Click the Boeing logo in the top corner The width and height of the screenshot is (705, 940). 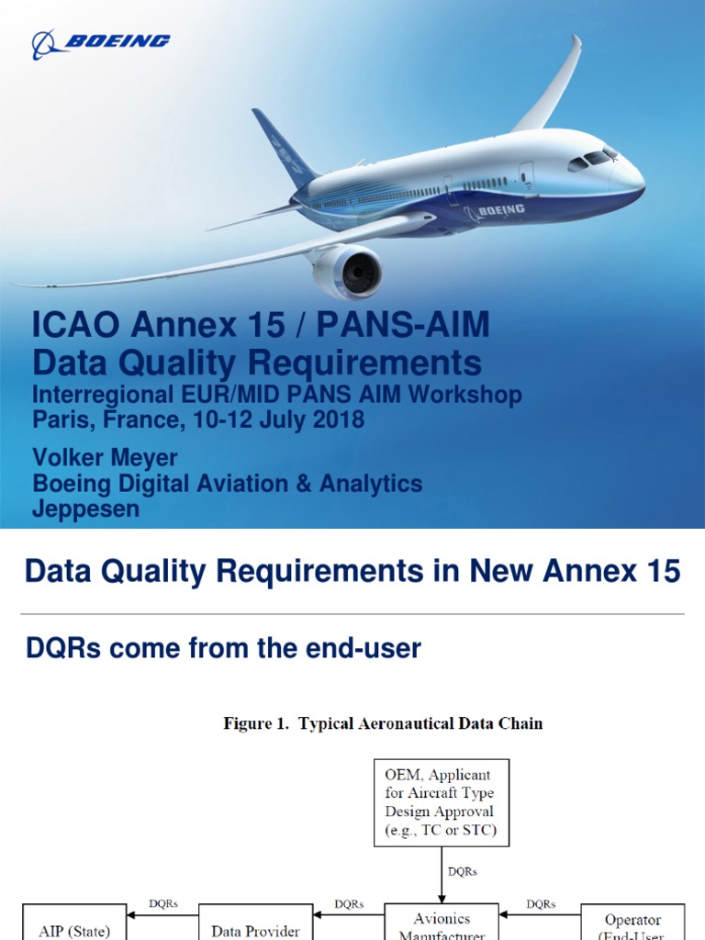click(101, 42)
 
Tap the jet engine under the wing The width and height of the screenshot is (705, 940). click(348, 272)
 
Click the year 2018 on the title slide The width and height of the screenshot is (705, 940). click(337, 420)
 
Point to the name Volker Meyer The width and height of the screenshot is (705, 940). click(105, 458)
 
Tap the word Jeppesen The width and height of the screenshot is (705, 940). click(86, 509)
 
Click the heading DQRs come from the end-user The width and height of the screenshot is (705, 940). click(223, 649)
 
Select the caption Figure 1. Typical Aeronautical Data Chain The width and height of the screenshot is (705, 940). click(383, 723)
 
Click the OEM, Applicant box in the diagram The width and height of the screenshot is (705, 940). click(441, 802)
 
